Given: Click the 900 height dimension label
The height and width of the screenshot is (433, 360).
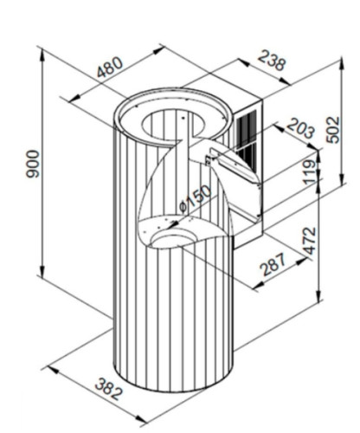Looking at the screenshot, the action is [32, 164].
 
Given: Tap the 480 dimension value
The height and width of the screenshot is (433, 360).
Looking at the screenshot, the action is [110, 68].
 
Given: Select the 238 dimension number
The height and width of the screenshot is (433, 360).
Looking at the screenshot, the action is [272, 61].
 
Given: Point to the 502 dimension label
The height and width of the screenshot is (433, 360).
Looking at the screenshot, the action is [334, 130].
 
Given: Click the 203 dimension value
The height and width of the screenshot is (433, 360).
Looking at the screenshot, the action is [300, 129].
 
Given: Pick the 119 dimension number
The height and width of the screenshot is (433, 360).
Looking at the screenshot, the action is [310, 172].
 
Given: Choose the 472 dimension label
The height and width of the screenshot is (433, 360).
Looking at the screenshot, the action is [310, 241].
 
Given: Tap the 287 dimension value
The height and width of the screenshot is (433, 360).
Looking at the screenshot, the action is [273, 264].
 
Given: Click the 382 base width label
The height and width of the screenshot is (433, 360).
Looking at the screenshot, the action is [109, 390].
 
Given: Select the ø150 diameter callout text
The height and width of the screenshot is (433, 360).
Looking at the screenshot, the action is [195, 199].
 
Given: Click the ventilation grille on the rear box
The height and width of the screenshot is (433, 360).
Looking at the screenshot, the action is [246, 136].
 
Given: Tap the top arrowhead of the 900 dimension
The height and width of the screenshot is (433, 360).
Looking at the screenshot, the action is [42, 55].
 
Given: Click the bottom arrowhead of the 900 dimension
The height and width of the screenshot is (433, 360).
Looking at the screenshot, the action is [42, 270].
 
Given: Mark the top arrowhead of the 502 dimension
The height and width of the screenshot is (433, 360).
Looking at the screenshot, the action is [342, 63].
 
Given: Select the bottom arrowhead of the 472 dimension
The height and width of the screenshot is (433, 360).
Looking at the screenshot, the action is [318, 295].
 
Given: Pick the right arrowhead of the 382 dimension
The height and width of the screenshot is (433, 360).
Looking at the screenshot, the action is [141, 419].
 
